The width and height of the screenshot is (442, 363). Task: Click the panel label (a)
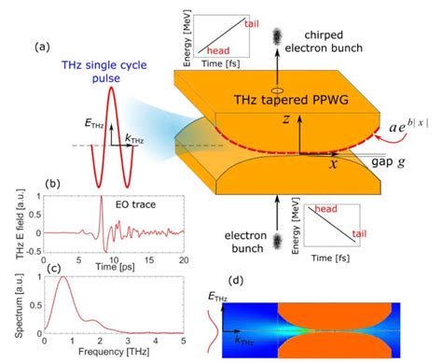tap(43, 46)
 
